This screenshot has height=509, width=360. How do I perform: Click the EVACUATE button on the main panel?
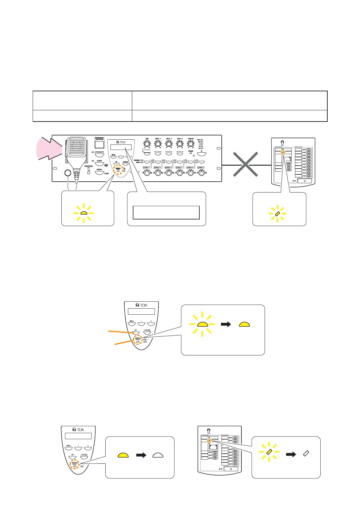pyautogui.click(x=100, y=155)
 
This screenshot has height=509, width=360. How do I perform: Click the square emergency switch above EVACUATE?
pyautogui.click(x=99, y=144)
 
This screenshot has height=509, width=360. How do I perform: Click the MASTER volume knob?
pyautogui.click(x=191, y=144)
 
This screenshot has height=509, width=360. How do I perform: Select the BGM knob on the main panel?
pyautogui.click(x=147, y=144)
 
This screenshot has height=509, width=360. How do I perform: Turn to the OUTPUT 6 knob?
pyautogui.click(x=201, y=173)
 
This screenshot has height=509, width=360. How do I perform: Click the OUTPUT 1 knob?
pyautogui.click(x=147, y=173)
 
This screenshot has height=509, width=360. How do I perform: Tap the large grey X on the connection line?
pyautogui.click(x=245, y=164)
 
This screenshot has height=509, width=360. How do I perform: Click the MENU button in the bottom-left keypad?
pyautogui.click(x=69, y=448)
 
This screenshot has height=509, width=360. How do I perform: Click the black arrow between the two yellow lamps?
pyautogui.click(x=226, y=324)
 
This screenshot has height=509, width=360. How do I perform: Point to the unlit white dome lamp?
pyautogui.click(x=158, y=456)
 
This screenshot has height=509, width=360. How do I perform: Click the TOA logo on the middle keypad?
pyautogui.click(x=141, y=305)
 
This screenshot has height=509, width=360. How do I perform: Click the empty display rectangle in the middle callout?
pyautogui.click(x=166, y=212)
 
